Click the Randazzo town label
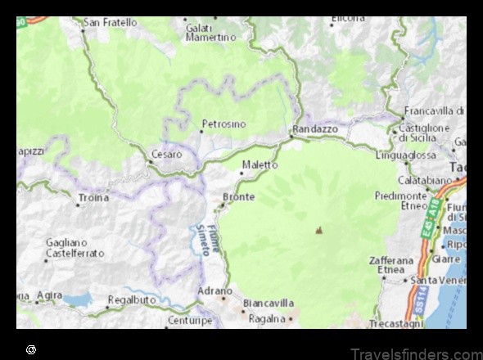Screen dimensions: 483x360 [x=314, y=129]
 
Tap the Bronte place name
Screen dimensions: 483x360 [x=238, y=197]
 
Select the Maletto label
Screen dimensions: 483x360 [x=260, y=164]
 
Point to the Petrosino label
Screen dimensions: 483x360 [x=223, y=124]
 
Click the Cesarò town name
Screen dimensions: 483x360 [x=167, y=154]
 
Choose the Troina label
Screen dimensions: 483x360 [x=93, y=198]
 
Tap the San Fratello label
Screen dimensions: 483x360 [x=111, y=23]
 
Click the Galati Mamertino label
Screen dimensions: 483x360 [x=210, y=32]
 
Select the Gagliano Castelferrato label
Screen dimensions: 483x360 [x=75, y=248]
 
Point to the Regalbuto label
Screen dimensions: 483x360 [x=133, y=300]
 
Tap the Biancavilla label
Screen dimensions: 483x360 [x=268, y=303]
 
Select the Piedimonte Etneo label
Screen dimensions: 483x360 [x=401, y=201]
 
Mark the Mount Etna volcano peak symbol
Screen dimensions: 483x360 [x=318, y=231]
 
